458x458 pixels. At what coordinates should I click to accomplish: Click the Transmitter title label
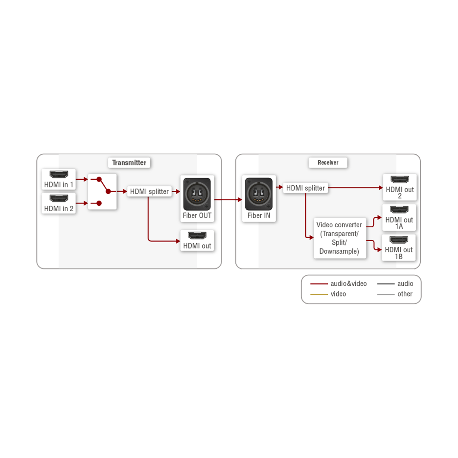coord(129,162)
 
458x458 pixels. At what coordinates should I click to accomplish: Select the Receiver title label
coord(328,162)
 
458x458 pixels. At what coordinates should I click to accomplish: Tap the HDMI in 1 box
coord(59,179)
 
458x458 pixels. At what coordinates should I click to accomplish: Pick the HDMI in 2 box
coord(59,203)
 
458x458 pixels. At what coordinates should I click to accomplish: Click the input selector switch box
coord(102,191)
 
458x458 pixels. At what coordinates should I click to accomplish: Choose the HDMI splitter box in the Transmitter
coord(149,191)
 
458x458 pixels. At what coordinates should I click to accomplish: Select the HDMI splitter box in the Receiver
coord(305,188)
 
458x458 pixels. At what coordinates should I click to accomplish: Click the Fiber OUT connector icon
coord(197,194)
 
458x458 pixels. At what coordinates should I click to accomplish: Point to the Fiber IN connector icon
coord(259,194)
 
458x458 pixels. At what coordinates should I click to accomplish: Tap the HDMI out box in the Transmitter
coord(197,240)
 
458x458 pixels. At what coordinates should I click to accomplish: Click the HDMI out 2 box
coord(399,187)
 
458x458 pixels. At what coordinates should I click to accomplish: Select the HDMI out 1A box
coord(399,218)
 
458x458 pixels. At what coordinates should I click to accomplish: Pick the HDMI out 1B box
coord(399,248)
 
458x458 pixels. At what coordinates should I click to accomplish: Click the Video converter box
coord(339,238)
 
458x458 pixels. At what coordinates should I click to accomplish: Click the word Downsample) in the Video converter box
coord(339,251)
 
